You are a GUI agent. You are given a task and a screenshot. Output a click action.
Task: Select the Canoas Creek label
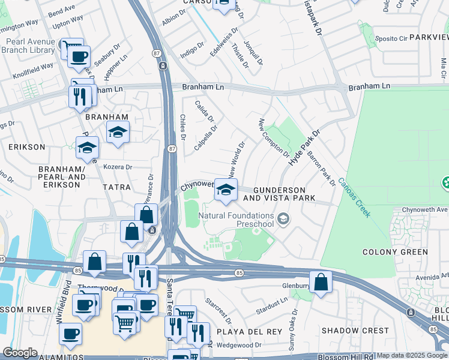coord(354,197)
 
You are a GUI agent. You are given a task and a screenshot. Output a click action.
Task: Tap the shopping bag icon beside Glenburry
coord(321,281)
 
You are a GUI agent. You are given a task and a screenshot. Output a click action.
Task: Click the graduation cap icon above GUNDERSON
coord(226,190)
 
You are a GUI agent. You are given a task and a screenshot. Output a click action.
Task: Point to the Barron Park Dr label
coord(321,167)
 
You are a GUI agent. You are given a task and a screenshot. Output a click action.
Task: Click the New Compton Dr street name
coord(274,137)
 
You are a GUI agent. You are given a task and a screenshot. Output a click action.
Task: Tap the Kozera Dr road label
coord(118,167)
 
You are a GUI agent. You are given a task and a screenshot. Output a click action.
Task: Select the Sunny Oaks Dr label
coord(292,329)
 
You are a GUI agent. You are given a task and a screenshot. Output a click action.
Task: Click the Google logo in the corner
coord(20,353)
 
